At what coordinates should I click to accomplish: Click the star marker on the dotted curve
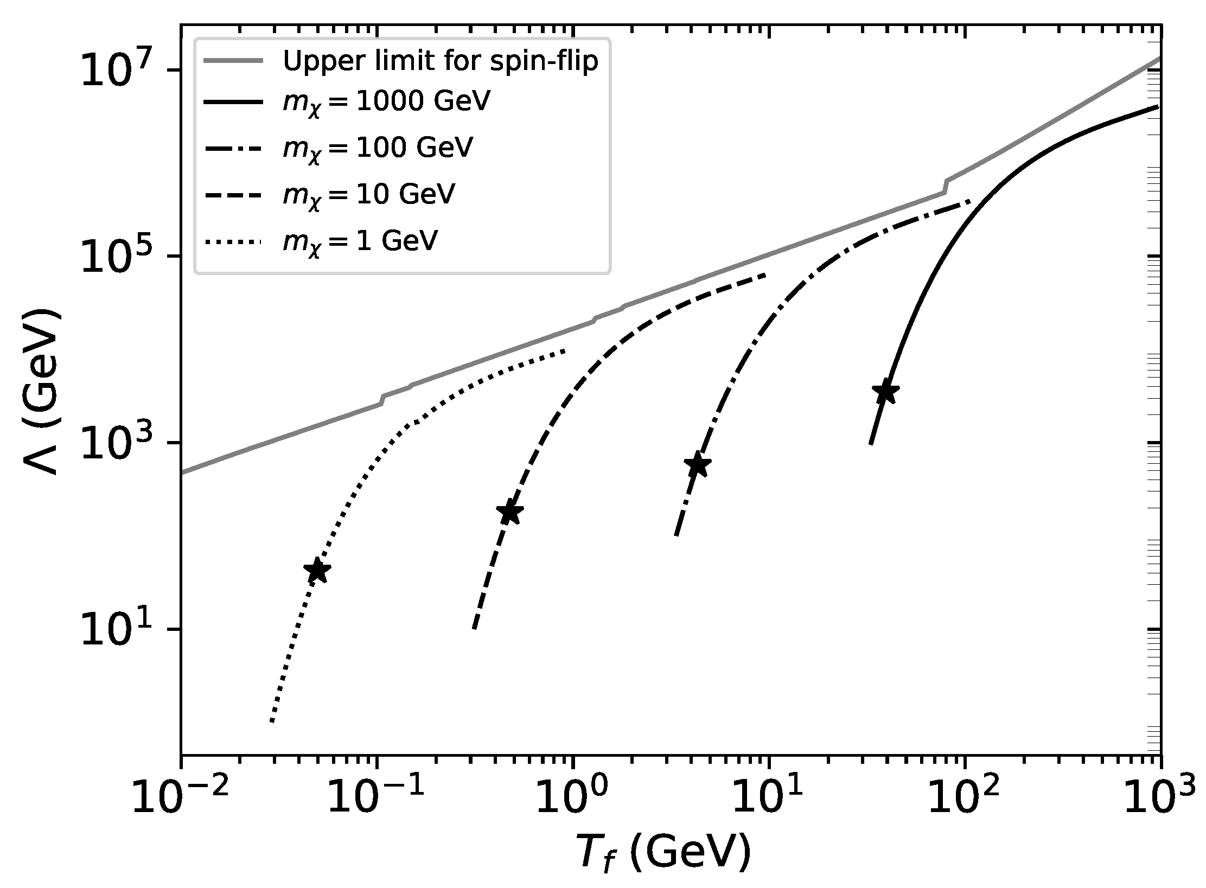(317, 571)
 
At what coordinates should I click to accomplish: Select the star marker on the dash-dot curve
(698, 464)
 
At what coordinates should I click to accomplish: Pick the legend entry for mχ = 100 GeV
(378, 148)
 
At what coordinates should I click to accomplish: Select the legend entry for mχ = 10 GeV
(368, 194)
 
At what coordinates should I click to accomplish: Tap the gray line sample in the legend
(233, 61)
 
